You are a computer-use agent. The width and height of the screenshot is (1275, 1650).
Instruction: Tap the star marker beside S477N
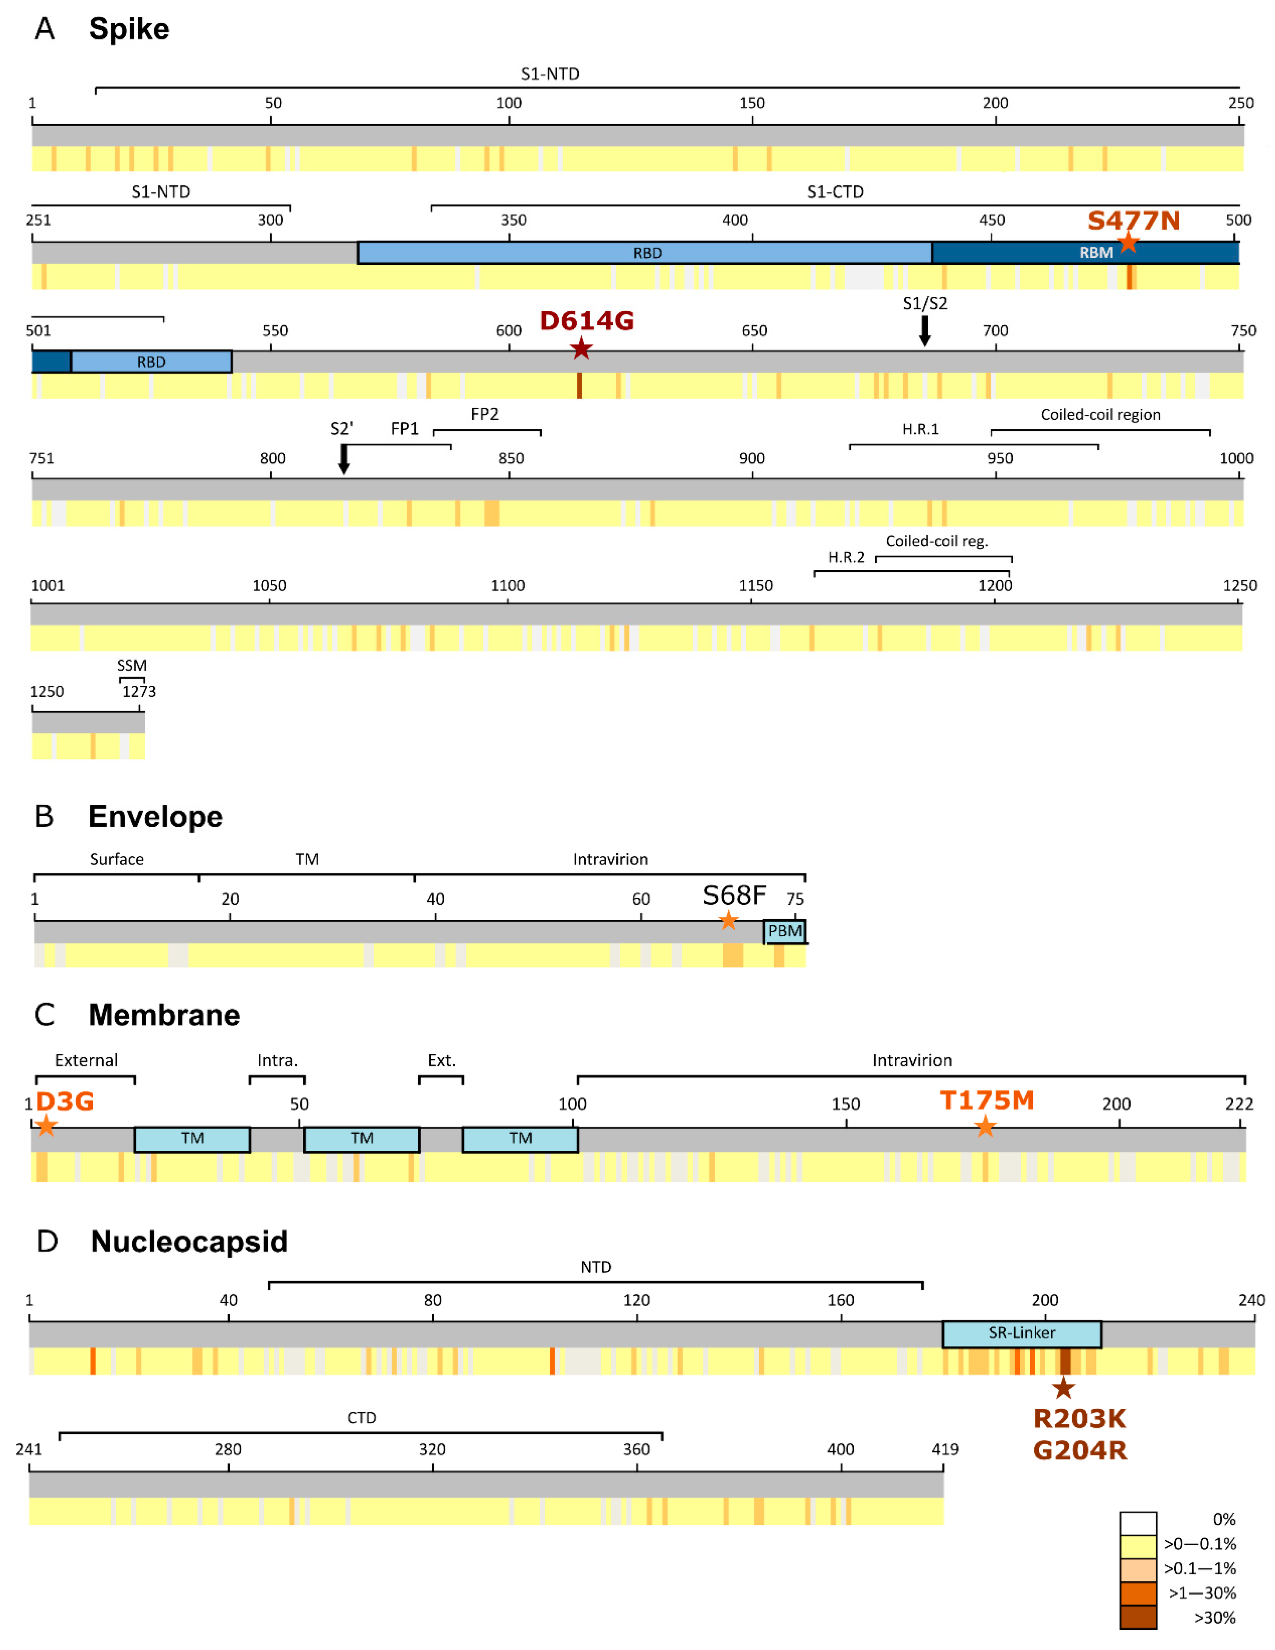(1128, 243)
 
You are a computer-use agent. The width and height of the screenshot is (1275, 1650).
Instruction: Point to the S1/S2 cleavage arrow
(925, 330)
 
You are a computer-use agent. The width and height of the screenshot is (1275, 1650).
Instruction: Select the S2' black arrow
(344, 459)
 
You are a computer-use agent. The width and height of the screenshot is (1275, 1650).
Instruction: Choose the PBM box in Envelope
(785, 931)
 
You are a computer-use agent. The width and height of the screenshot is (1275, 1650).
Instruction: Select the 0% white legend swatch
(1138, 1522)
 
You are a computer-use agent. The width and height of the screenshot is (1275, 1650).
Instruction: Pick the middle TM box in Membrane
(362, 1139)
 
